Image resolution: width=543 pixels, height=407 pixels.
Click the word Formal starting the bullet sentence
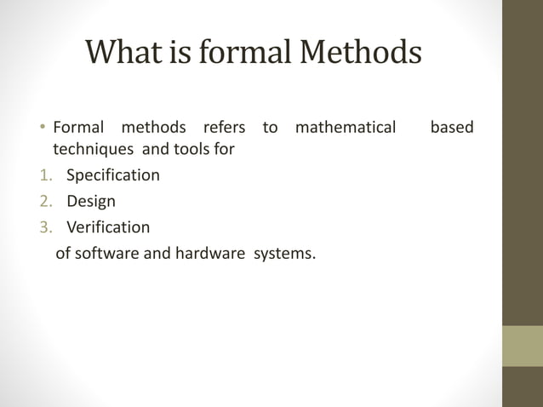tap(78, 128)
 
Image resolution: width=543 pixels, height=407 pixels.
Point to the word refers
tap(224, 128)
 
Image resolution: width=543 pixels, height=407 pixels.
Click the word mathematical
tap(345, 128)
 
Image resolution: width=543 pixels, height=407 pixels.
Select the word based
tap(452, 128)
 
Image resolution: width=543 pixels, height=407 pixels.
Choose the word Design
tap(91, 202)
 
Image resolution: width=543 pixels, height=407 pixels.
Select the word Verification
tap(107, 227)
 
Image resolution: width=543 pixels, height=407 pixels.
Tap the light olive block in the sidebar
tap(522, 346)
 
